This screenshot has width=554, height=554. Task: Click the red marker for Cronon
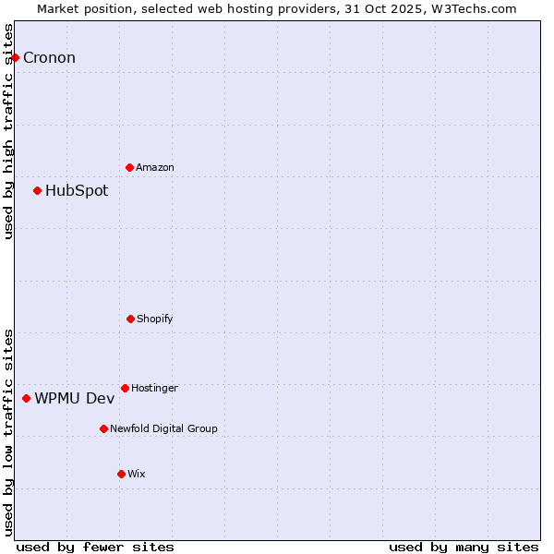pos(15,57)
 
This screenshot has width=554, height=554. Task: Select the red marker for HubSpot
pos(37,191)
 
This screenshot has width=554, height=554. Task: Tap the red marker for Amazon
pos(129,167)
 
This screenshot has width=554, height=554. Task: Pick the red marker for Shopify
pos(130,319)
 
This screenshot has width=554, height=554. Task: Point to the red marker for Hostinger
pos(125,388)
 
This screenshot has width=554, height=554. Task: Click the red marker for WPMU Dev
pos(26,398)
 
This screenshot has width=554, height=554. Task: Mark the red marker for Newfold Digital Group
pos(103,428)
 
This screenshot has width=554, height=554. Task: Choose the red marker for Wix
pos(121,474)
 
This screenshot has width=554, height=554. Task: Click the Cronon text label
pos(49,58)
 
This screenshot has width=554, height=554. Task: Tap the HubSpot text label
pos(77,191)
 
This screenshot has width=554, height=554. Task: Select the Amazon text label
pos(155,167)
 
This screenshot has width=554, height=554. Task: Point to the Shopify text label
pos(155,319)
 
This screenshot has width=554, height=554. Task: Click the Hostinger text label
pos(154,388)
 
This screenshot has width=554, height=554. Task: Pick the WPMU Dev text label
pos(75,398)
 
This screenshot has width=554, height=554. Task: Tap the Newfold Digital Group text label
pos(163,428)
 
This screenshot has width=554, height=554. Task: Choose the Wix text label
pos(137,474)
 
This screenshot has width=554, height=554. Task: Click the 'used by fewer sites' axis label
pos(95,547)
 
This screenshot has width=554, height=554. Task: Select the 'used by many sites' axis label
pos(464,547)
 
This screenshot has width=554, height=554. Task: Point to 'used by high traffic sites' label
pos(8,131)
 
